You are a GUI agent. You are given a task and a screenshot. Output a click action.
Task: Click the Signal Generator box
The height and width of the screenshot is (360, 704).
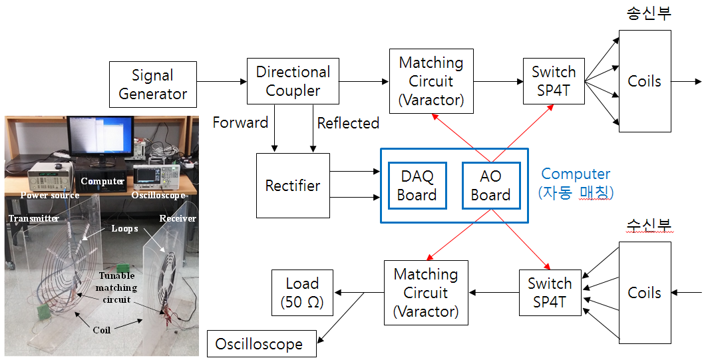(153, 85)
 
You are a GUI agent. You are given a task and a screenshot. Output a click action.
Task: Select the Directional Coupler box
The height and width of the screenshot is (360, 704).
(293, 81)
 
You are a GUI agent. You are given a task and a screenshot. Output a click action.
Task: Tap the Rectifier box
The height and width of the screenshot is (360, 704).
(293, 186)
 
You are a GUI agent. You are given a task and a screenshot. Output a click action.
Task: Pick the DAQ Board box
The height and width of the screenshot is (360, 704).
(417, 186)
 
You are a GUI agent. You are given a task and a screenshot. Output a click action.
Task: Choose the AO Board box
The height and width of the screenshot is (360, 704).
(490, 186)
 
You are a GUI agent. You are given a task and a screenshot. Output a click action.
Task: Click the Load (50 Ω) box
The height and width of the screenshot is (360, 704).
(302, 293)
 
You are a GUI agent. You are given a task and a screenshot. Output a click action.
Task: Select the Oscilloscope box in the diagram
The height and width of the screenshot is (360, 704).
(259, 345)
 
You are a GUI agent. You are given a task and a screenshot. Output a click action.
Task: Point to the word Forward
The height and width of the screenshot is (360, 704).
(240, 122)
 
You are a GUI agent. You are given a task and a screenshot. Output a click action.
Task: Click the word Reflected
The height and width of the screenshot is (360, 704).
(348, 123)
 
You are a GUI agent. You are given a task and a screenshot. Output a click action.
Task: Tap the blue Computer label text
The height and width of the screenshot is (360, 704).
(576, 174)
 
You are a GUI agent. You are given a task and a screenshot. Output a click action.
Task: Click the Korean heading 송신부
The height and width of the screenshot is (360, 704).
(649, 13)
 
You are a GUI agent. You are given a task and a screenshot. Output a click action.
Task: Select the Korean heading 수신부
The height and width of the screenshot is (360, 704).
(649, 226)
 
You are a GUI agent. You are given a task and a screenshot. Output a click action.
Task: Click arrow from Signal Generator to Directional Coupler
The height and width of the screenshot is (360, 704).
(222, 82)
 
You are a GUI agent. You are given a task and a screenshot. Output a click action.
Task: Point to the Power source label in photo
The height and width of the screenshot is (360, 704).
(49, 195)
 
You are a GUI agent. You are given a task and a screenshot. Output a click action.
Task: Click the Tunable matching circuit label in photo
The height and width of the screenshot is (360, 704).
(116, 287)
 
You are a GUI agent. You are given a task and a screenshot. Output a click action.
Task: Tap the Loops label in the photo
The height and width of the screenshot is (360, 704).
(124, 228)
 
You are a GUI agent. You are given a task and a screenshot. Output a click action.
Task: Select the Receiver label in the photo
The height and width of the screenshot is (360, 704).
(178, 218)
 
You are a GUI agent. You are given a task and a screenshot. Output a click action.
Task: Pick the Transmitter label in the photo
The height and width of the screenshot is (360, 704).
(33, 218)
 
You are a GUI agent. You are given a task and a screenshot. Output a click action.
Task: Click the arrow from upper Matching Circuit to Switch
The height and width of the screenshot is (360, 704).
(498, 82)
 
